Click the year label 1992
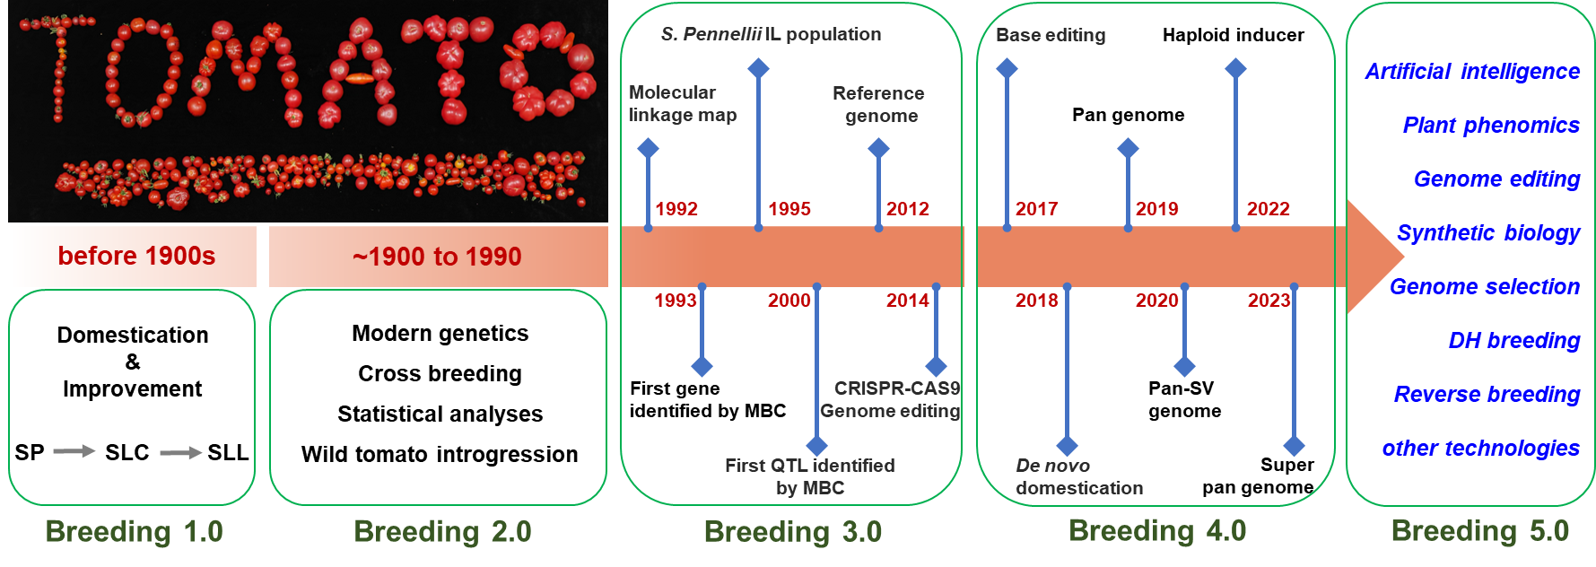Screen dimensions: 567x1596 click(x=676, y=209)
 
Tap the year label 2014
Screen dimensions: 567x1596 click(x=907, y=301)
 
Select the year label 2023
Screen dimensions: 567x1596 click(x=1269, y=301)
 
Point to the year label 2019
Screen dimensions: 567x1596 click(x=1156, y=209)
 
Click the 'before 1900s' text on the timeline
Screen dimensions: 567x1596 click(x=136, y=257)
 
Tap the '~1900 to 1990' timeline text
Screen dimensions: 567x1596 click(x=437, y=257)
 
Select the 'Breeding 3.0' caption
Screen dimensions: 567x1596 click(x=793, y=532)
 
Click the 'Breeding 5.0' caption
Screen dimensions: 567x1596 click(x=1479, y=531)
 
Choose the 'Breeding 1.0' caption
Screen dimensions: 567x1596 click(x=134, y=532)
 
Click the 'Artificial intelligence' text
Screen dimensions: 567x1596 click(x=1472, y=72)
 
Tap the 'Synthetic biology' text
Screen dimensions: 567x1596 click(x=1488, y=233)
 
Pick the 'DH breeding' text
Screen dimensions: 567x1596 click(x=1513, y=341)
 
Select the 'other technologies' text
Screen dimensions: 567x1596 click(x=1480, y=449)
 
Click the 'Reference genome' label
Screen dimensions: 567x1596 click(x=879, y=104)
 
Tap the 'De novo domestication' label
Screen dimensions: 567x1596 click(x=1078, y=476)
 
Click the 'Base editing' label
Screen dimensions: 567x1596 click(x=1051, y=35)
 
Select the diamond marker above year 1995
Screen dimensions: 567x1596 click(x=758, y=68)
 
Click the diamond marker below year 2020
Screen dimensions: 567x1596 click(x=1184, y=366)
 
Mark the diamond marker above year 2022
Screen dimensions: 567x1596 click(x=1235, y=68)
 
